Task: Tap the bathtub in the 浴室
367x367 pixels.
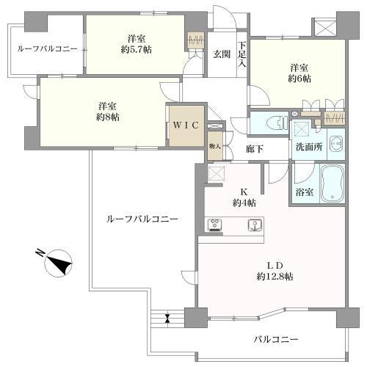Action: pyautogui.click(x=333, y=183)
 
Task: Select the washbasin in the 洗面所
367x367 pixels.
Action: pyautogui.click(x=337, y=145)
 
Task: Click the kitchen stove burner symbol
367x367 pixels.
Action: pyautogui.click(x=215, y=225)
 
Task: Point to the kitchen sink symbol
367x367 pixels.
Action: pyautogui.click(x=255, y=225)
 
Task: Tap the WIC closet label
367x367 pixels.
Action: pyautogui.click(x=186, y=126)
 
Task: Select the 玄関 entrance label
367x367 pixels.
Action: pyautogui.click(x=222, y=54)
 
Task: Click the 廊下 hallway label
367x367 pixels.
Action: pyautogui.click(x=255, y=149)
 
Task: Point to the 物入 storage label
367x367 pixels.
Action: pyautogui.click(x=215, y=147)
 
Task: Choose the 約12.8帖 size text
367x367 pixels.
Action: pyautogui.click(x=275, y=277)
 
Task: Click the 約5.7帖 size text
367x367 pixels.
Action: pyautogui.click(x=137, y=50)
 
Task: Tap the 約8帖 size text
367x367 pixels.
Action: pyautogui.click(x=108, y=117)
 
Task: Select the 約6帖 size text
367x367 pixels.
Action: pyautogui.click(x=299, y=79)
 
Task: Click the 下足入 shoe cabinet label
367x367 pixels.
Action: pyautogui.click(x=242, y=55)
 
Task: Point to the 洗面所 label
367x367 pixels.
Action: pyautogui.click(x=309, y=147)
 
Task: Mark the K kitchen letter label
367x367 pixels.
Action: pyautogui.click(x=244, y=192)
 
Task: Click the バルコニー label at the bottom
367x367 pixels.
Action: pyautogui.click(x=276, y=339)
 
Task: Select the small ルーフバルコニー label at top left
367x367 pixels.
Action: pyautogui.click(x=48, y=49)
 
